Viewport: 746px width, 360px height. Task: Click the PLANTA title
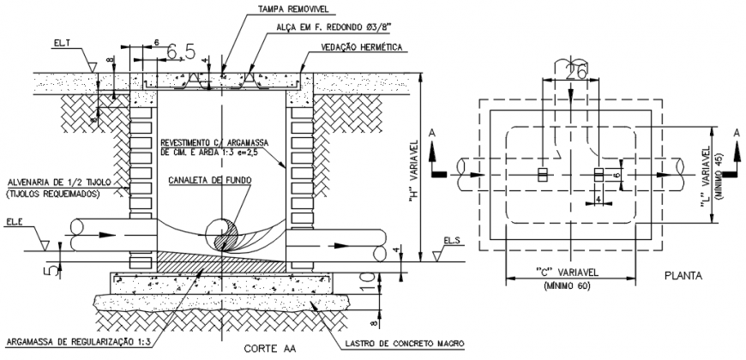click(683, 277)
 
